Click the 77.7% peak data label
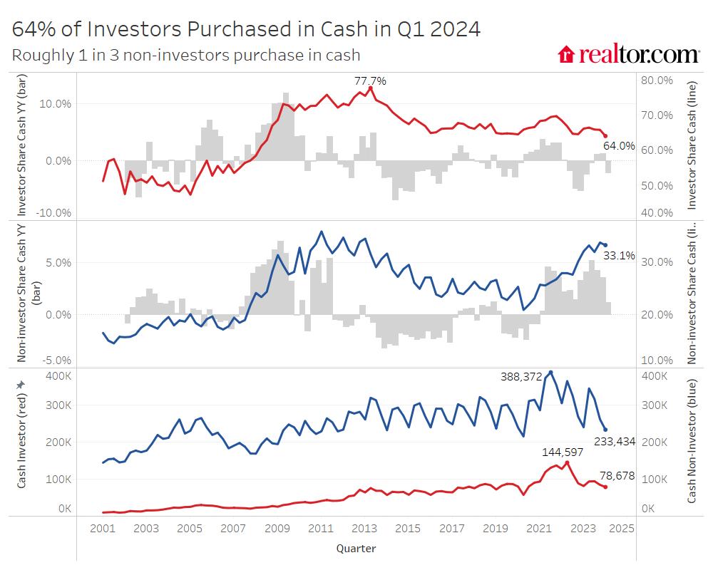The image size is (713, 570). tap(370, 81)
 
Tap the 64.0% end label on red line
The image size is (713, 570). tap(619, 146)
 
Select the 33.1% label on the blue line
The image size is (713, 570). tap(619, 255)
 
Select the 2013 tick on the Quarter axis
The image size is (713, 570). tap(364, 529)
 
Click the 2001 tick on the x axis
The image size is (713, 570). tap(103, 529)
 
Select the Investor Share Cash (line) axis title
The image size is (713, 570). tap(690, 145)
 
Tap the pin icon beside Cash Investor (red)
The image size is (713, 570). tap(21, 385)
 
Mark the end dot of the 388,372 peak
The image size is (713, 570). tap(550, 373)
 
